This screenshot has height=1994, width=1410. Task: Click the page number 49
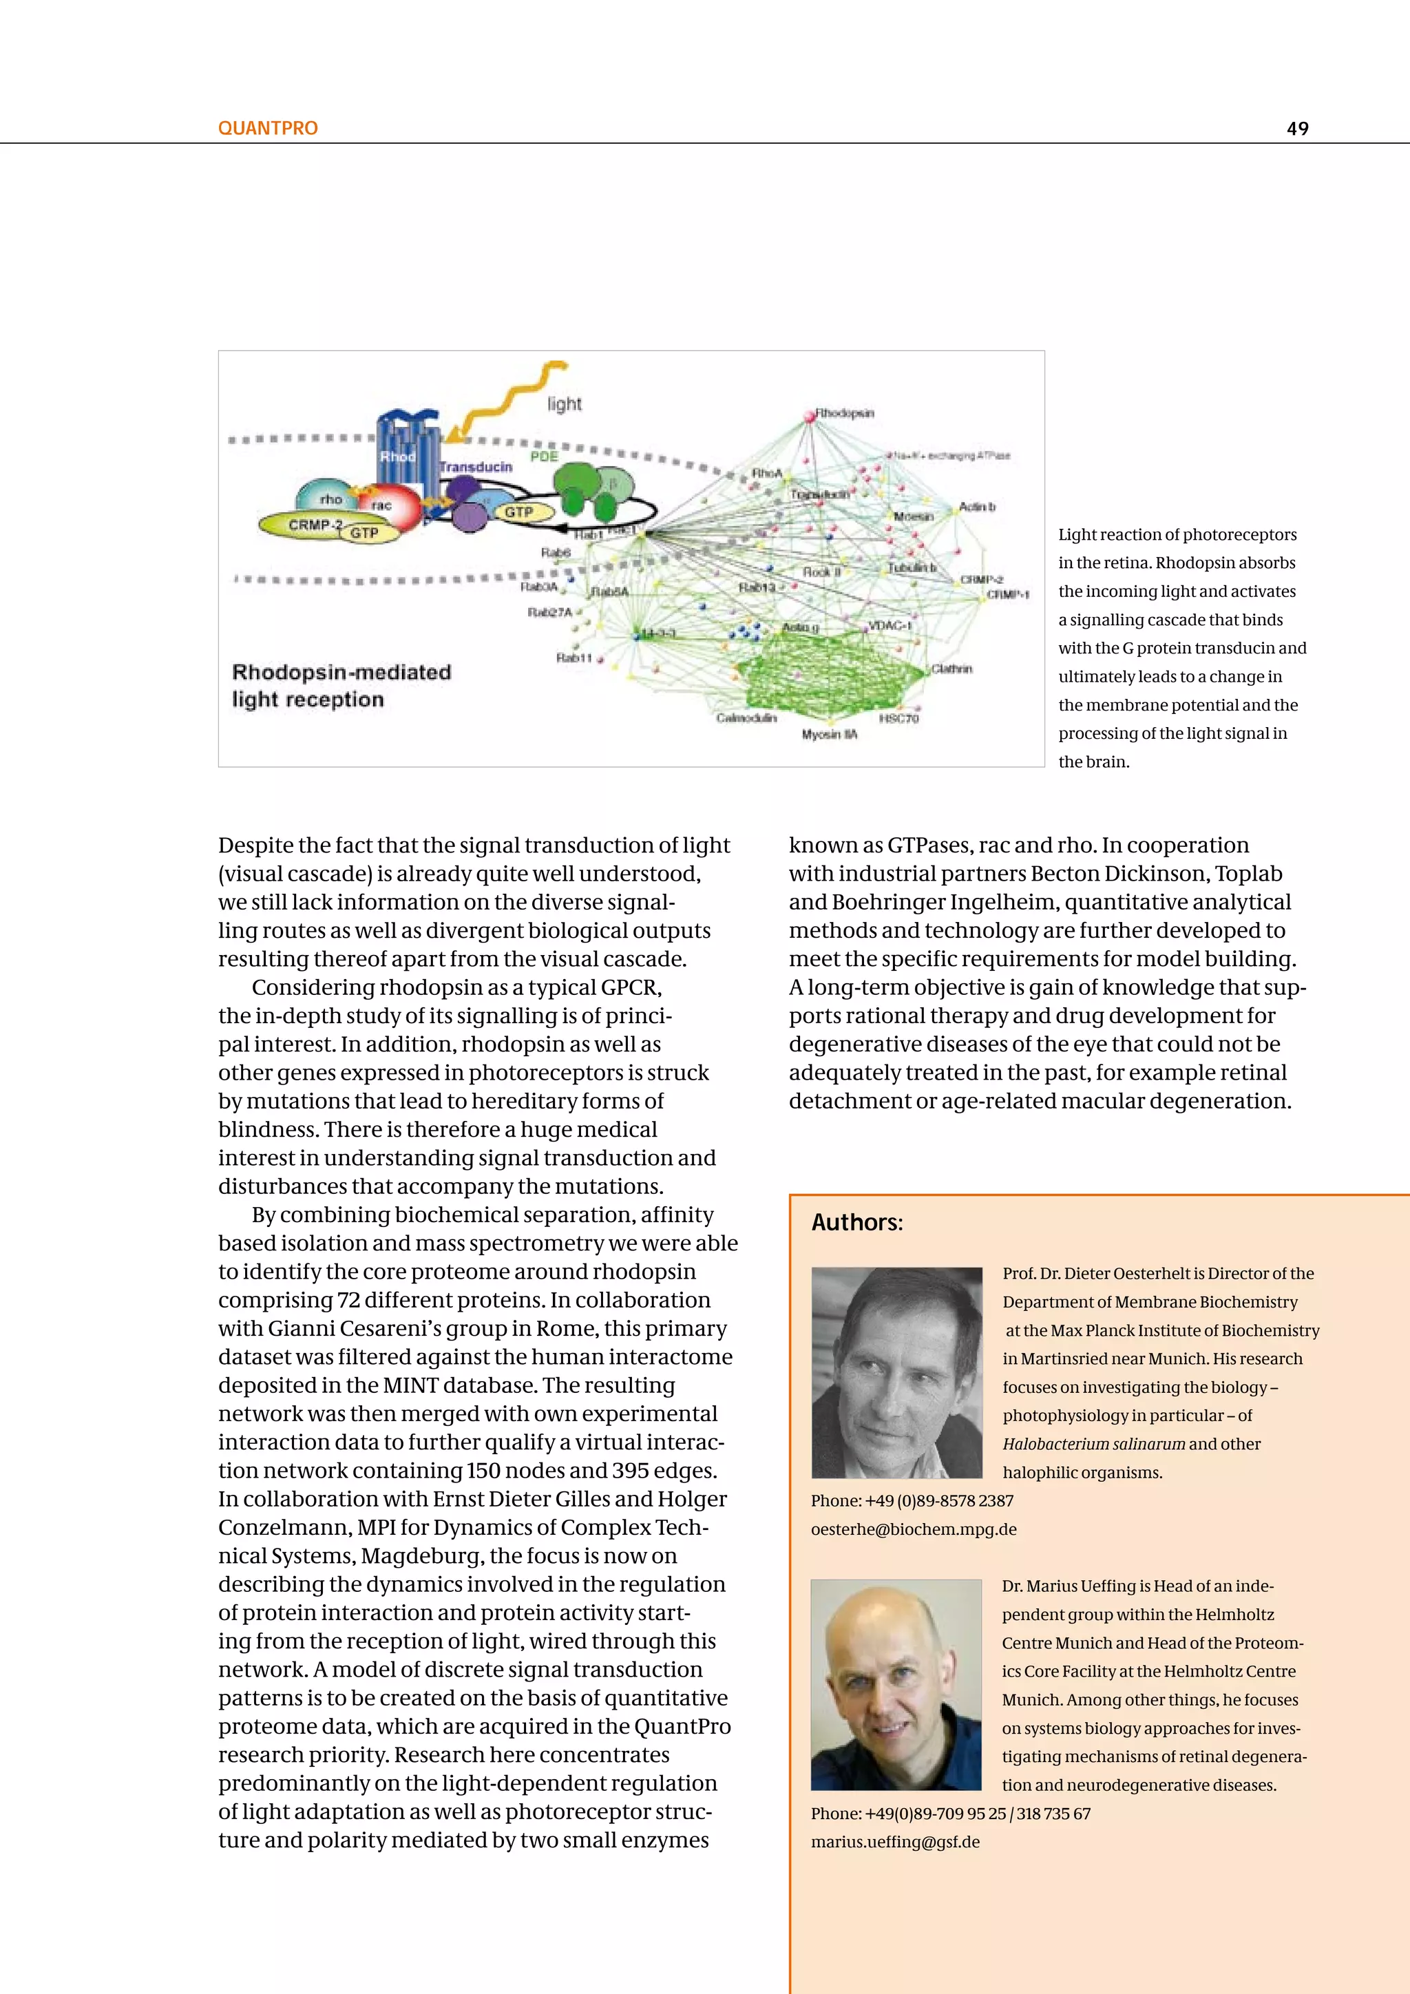click(1297, 129)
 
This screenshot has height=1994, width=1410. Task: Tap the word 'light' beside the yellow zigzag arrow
click(565, 404)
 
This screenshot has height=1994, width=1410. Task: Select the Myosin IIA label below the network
click(829, 735)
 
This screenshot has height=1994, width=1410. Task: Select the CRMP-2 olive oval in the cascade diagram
click(304, 525)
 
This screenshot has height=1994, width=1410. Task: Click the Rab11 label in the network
click(574, 658)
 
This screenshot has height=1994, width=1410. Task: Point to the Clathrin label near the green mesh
click(951, 669)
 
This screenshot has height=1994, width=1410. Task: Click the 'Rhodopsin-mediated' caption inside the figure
click(341, 672)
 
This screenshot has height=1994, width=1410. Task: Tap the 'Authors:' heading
click(857, 1223)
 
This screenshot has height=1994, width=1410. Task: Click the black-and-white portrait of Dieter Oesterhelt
click(896, 1372)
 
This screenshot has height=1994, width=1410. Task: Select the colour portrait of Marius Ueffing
click(896, 1685)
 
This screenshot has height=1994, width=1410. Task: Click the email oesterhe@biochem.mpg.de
click(914, 1529)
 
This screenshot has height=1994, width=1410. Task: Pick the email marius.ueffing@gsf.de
click(895, 1842)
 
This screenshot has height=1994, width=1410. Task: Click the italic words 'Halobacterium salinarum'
click(1093, 1445)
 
